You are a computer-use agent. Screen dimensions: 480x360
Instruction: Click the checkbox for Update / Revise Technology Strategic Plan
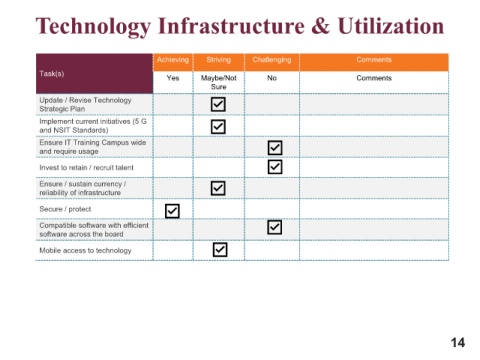click(218, 104)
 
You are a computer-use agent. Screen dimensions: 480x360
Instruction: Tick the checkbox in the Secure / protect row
click(172, 211)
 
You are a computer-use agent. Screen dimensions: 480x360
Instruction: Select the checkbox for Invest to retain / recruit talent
click(275, 167)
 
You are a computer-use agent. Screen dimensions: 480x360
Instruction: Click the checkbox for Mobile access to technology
click(220, 249)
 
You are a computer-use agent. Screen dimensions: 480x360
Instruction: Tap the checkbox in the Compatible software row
click(275, 227)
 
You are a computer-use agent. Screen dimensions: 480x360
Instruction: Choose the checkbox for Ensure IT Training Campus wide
click(275, 148)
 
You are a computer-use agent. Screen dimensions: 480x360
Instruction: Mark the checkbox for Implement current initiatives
click(218, 127)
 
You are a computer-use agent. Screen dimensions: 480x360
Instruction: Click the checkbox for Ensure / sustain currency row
click(218, 188)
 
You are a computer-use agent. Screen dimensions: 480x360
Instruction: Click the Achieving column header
click(173, 60)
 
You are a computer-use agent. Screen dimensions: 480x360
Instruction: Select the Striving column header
click(219, 60)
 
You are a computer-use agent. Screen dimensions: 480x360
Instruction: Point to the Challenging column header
click(272, 60)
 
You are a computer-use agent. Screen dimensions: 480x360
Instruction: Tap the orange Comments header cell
click(374, 60)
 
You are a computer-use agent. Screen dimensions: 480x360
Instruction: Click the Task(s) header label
click(52, 74)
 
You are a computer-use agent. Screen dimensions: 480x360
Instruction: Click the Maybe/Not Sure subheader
click(219, 82)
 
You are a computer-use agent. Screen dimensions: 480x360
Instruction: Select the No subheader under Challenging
click(272, 78)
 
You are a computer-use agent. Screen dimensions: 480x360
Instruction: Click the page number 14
click(458, 343)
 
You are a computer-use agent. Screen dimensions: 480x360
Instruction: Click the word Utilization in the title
click(391, 26)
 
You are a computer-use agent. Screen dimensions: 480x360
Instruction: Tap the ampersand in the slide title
click(321, 26)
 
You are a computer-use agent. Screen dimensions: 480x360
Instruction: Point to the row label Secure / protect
click(65, 209)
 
